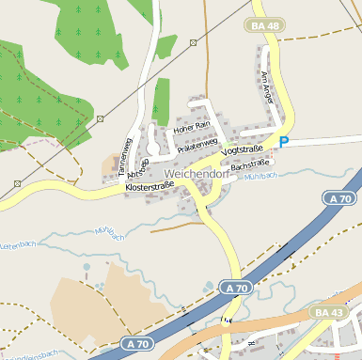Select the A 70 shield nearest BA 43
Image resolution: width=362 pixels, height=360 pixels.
(236, 287)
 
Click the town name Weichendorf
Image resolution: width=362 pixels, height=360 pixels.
(197, 174)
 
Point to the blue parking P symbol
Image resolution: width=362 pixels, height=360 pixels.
(283, 142)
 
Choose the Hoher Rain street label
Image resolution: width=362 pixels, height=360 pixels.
(190, 126)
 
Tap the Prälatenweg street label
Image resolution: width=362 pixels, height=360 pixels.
(197, 142)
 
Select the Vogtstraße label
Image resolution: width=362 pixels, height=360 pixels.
(242, 150)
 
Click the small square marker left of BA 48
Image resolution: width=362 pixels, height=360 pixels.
(194, 42)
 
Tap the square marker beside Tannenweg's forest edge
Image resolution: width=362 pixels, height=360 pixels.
(100, 118)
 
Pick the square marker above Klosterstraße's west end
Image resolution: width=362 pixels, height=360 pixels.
(17, 183)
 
